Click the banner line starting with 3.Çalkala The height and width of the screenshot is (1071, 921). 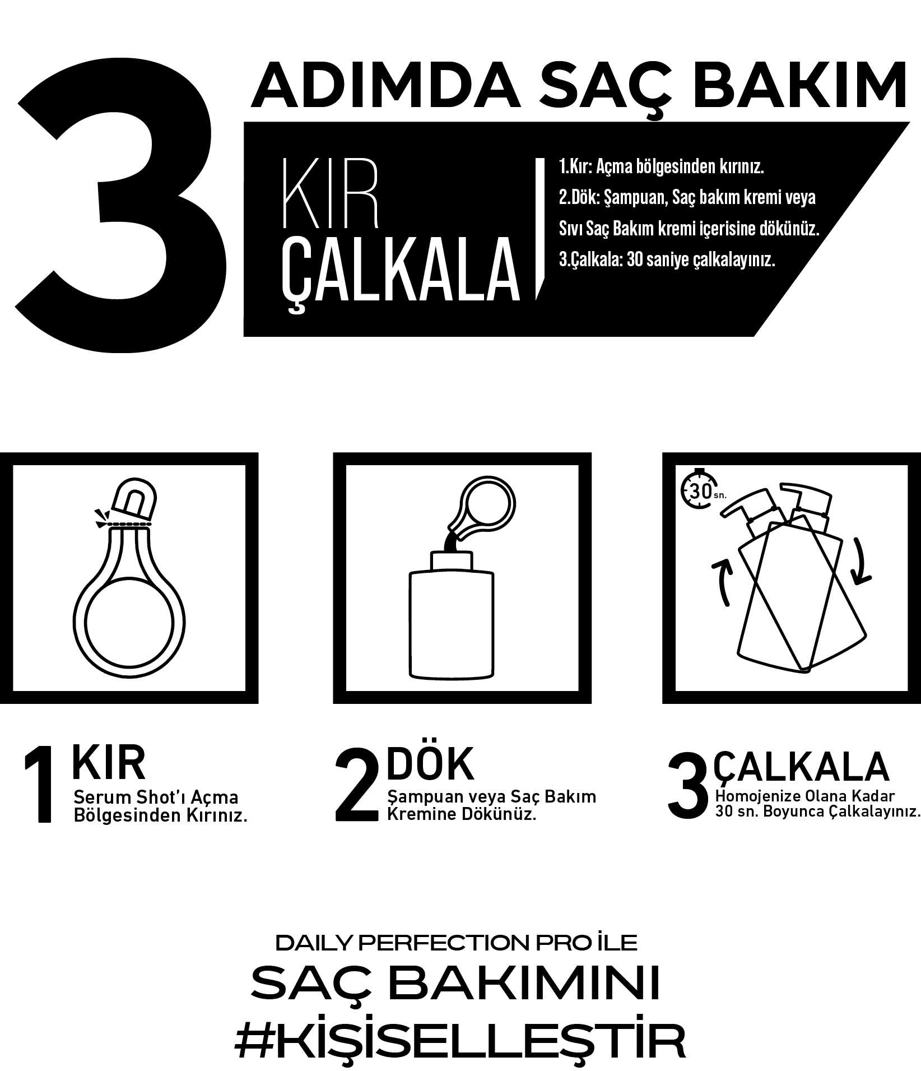pos(667,260)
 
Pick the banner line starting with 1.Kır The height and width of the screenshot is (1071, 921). pos(662,167)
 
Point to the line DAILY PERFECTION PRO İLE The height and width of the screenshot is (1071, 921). pos(457,943)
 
